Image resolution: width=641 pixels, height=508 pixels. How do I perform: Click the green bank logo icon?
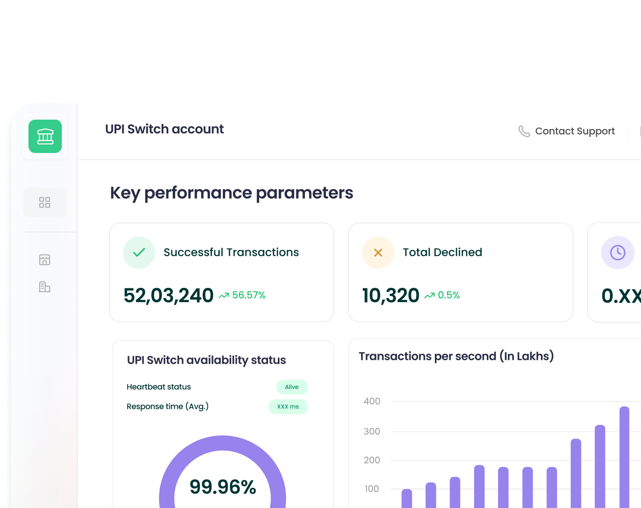(x=45, y=136)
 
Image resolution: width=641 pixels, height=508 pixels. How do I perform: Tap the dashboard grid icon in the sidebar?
(x=45, y=203)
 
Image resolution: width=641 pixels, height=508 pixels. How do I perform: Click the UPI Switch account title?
(x=164, y=129)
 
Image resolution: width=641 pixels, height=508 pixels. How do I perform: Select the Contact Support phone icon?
(x=524, y=131)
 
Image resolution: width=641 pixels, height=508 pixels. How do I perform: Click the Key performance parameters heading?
(x=231, y=193)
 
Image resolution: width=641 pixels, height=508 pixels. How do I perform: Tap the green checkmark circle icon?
(x=139, y=253)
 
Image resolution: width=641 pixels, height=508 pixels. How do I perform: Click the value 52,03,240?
(x=168, y=295)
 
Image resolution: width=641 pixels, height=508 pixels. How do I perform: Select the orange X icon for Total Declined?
(x=378, y=253)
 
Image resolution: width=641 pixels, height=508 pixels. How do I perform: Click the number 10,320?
(x=391, y=295)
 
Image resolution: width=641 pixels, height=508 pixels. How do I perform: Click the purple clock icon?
(x=617, y=253)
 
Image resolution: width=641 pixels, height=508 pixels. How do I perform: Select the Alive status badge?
(x=292, y=387)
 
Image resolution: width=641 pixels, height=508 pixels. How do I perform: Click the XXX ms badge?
(x=288, y=406)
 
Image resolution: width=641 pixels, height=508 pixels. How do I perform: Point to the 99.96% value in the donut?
(x=223, y=487)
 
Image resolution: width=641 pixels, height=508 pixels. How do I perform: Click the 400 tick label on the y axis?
(x=372, y=401)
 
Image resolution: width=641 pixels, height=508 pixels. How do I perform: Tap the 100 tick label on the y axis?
(x=372, y=489)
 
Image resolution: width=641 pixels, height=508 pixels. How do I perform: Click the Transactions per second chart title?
(x=456, y=356)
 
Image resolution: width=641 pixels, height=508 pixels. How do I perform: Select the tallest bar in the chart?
(x=624, y=456)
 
